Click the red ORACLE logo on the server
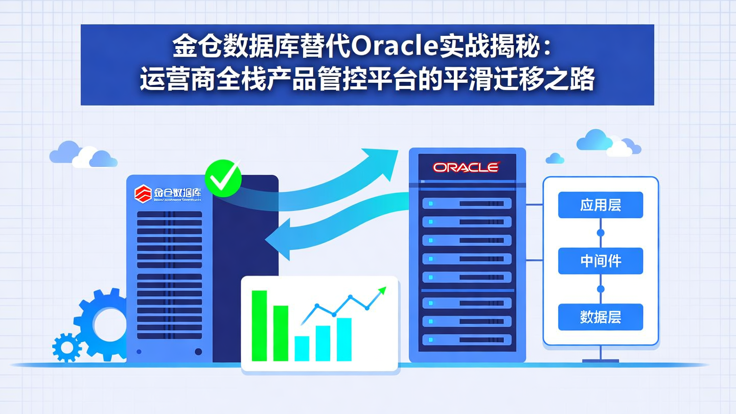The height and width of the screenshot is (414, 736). point(466,167)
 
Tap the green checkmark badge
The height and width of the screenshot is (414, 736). point(223,177)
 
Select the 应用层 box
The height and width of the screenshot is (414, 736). point(600,205)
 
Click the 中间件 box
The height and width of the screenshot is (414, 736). point(600,261)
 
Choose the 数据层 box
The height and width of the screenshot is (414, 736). point(600,317)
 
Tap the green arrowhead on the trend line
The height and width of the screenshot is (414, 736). point(381,291)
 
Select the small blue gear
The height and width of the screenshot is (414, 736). point(67,348)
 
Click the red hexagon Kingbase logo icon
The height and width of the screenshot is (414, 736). point(143,193)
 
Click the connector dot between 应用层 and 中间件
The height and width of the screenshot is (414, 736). point(601,233)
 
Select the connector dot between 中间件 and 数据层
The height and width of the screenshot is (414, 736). point(601,289)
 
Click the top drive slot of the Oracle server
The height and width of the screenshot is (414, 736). point(467,203)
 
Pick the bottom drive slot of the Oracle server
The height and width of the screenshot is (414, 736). point(467,339)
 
